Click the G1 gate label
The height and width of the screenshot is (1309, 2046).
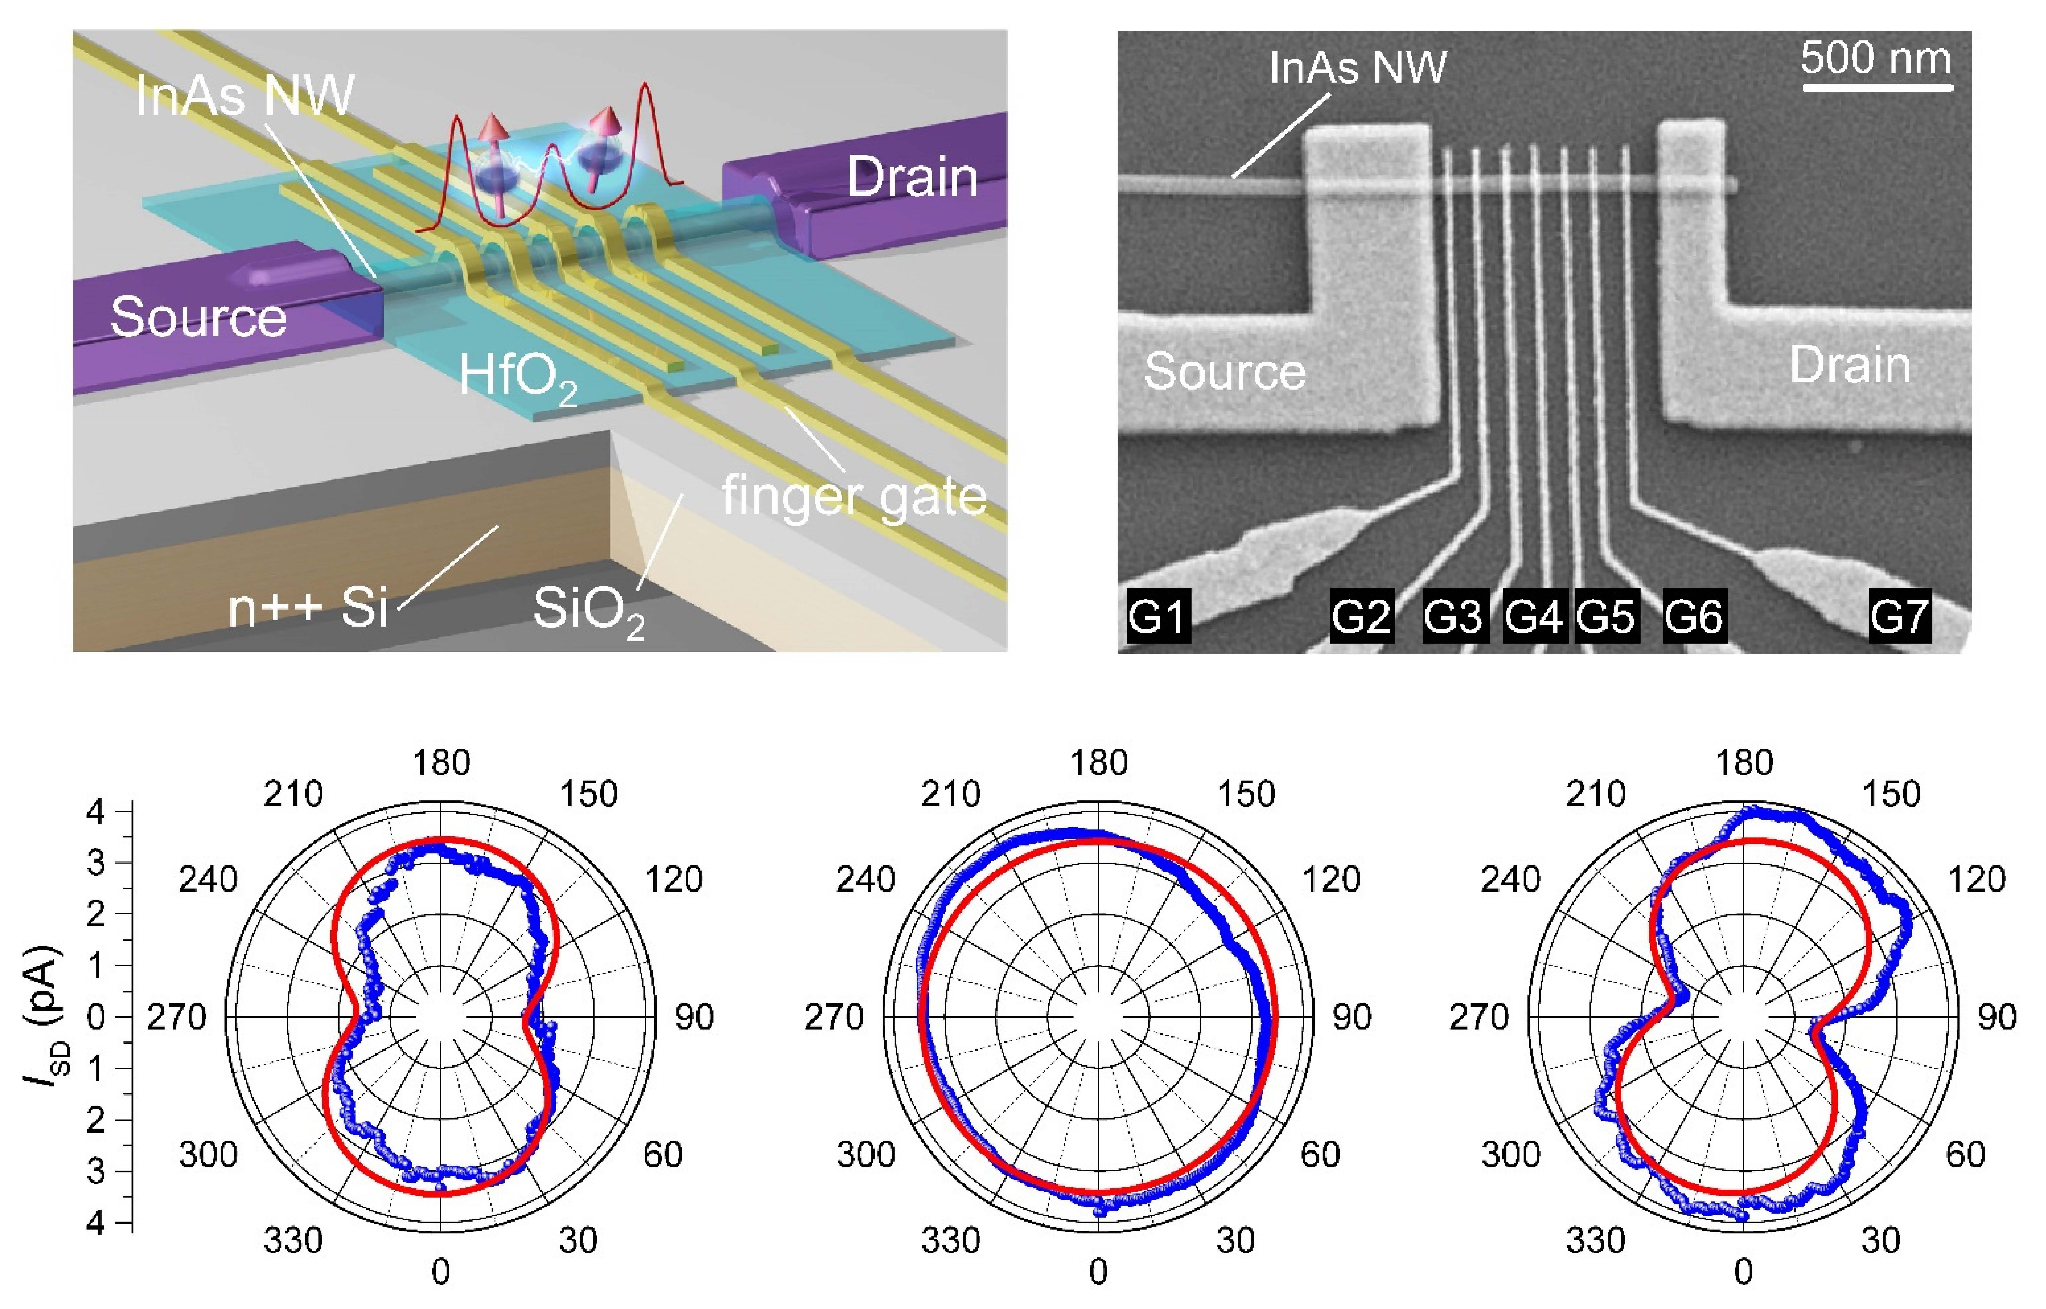pyautogui.click(x=1158, y=615)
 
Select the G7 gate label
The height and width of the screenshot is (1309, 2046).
pyautogui.click(x=1900, y=615)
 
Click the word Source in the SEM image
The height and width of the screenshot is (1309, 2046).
pyautogui.click(x=1224, y=372)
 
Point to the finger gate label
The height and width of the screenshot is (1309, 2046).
pyautogui.click(x=854, y=496)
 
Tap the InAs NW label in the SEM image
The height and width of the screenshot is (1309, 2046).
pyautogui.click(x=1357, y=67)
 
